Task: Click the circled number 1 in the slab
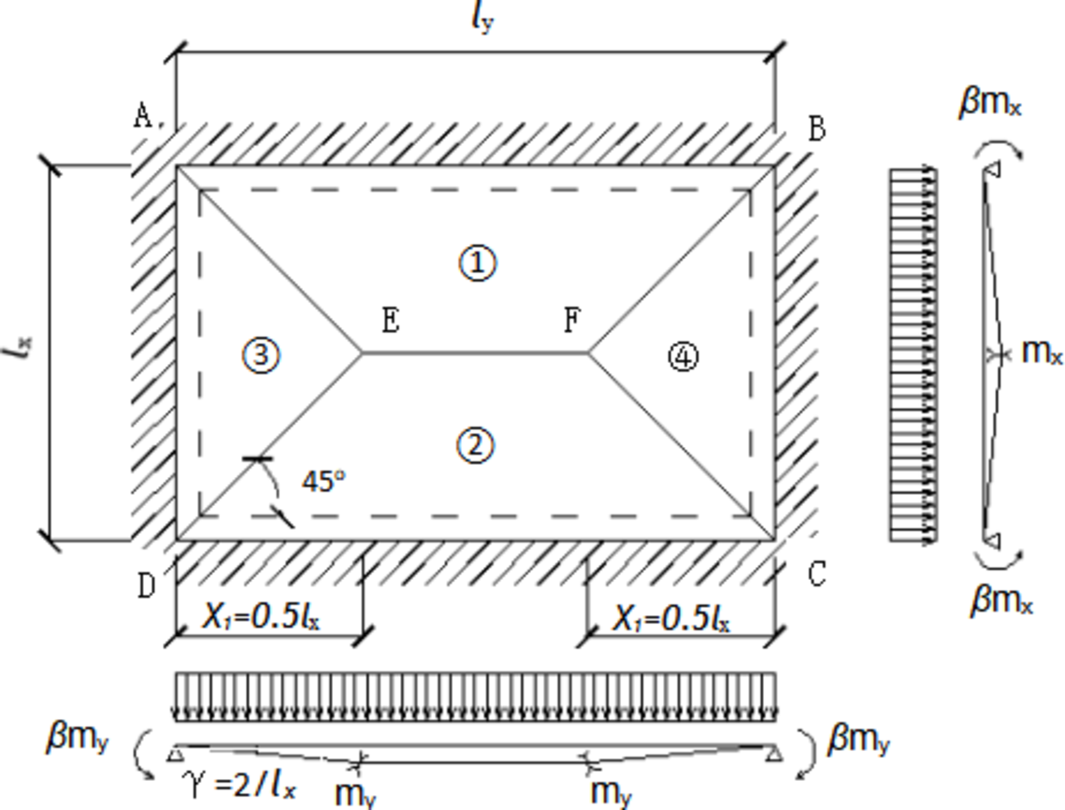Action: tap(477, 264)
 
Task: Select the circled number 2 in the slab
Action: tap(477, 445)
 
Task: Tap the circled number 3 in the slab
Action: tap(260, 355)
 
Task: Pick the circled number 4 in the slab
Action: tap(684, 356)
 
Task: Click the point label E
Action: tap(390, 321)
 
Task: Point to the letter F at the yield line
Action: tap(572, 321)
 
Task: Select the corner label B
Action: tap(816, 128)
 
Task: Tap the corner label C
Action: tap(816, 574)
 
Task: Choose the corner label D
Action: tap(147, 586)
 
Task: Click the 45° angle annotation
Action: tap(324, 481)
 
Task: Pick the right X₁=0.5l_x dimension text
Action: tap(671, 617)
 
